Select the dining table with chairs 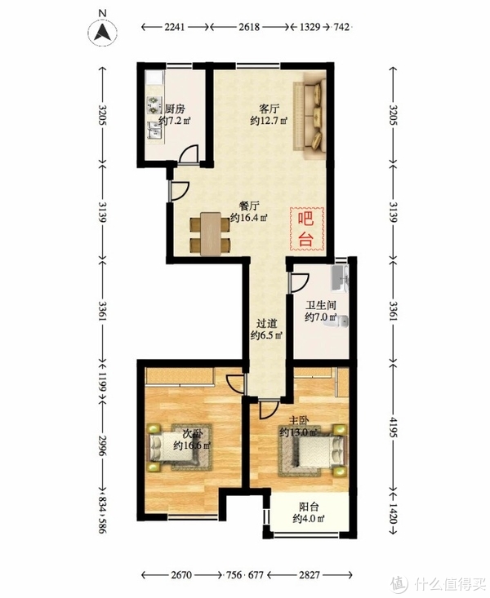(x=209, y=233)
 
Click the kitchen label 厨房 (x=175, y=109)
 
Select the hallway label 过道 (x=265, y=323)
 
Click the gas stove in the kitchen (x=153, y=104)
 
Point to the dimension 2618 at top (x=250, y=27)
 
